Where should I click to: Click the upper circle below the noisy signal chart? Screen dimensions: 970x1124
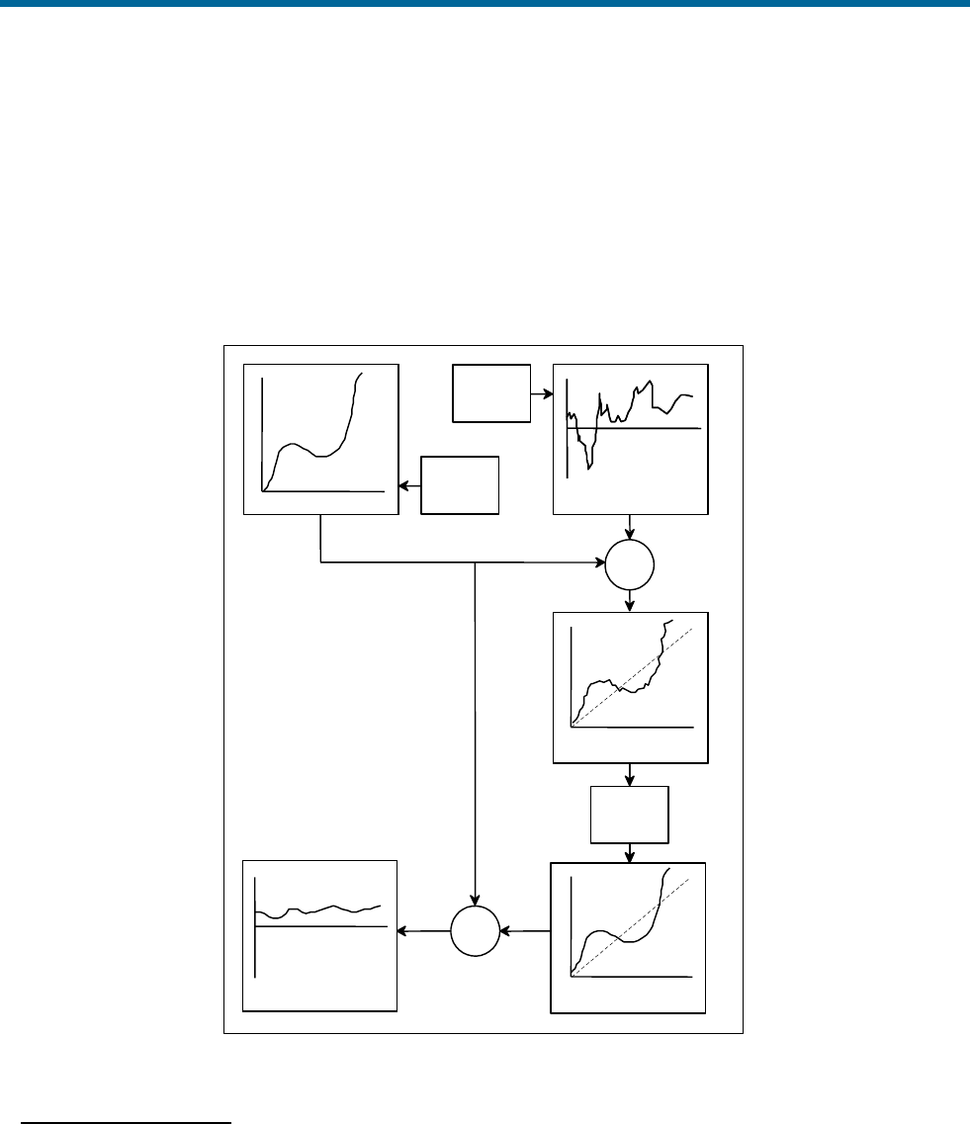click(x=630, y=564)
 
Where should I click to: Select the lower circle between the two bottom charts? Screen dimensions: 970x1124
click(x=475, y=931)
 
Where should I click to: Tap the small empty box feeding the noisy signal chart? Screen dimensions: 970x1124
click(x=491, y=392)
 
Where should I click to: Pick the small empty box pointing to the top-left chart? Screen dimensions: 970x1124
click(x=460, y=484)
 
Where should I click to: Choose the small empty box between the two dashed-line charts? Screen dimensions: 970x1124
click(x=630, y=815)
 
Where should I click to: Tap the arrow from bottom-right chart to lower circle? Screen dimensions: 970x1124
click(x=524, y=931)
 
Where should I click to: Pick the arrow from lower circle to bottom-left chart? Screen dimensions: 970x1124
click(x=423, y=931)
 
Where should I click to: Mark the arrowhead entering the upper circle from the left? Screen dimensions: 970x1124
click(x=599, y=564)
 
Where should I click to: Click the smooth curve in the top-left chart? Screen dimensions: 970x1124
click(x=297, y=447)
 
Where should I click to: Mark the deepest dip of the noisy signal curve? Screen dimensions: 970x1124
click(x=589, y=468)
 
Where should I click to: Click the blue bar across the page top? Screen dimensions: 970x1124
click(x=485, y=4)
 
